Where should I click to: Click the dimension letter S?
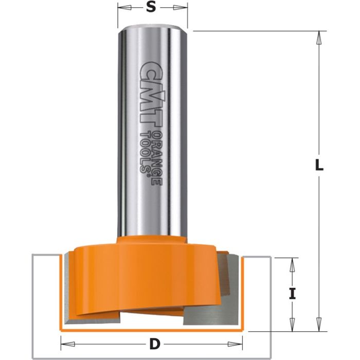click(x=152, y=8)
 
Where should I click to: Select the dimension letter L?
click(x=319, y=166)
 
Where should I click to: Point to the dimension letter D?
click(x=152, y=341)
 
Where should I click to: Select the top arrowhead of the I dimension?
click(x=292, y=262)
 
